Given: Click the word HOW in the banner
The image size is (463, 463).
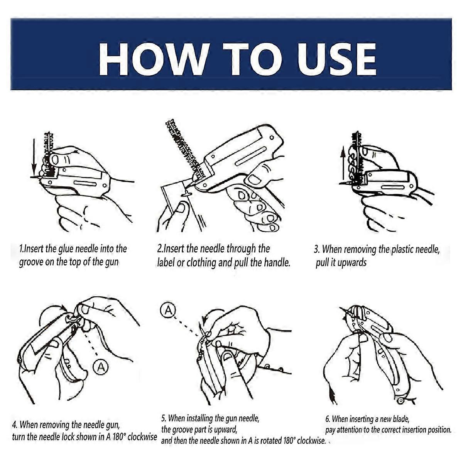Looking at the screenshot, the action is [153, 59].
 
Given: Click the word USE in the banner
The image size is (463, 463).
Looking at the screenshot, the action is [336, 59].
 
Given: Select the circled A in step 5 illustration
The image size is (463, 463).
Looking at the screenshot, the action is [168, 310].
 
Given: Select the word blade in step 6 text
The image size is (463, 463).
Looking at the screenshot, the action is [401, 419].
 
